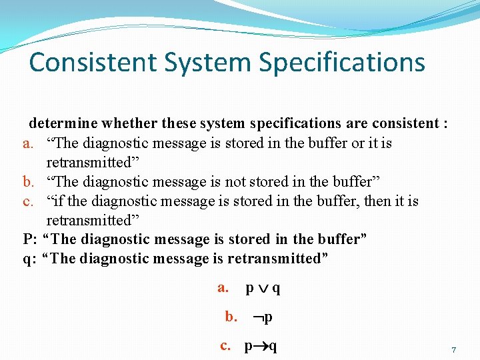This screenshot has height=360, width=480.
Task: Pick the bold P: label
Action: (29, 239)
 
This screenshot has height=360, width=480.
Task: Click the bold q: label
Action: (28, 259)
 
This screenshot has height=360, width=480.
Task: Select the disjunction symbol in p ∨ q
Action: (263, 289)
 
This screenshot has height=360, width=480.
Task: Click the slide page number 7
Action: (454, 350)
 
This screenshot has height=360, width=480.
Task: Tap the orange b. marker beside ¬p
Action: (231, 317)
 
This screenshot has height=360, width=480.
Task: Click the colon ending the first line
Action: (444, 123)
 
